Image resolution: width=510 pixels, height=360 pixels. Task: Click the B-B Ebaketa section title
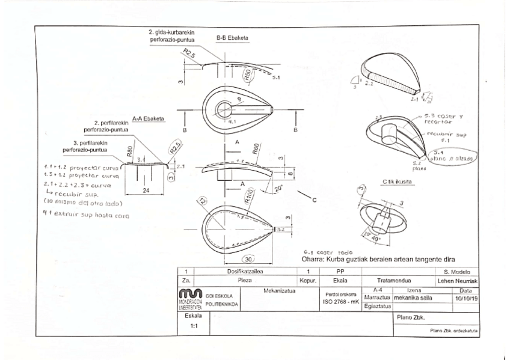point(232,37)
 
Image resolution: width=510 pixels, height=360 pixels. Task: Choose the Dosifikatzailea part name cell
point(244,272)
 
